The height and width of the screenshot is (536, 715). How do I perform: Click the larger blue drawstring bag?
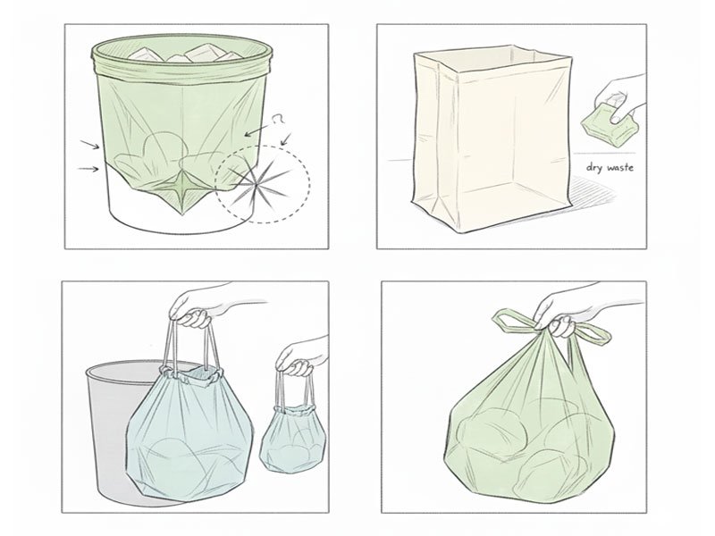pyautogui.click(x=192, y=429)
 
